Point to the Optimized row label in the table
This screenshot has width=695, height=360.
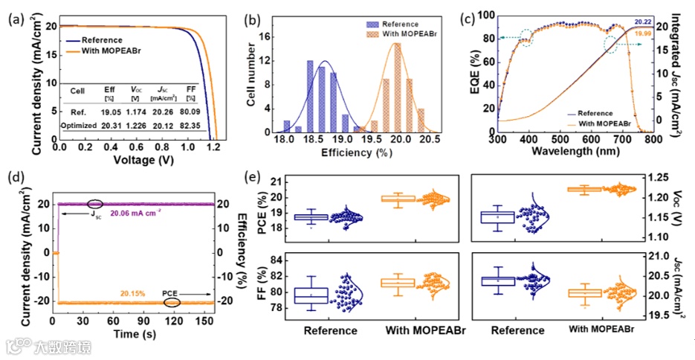pyautogui.click(x=79, y=125)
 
